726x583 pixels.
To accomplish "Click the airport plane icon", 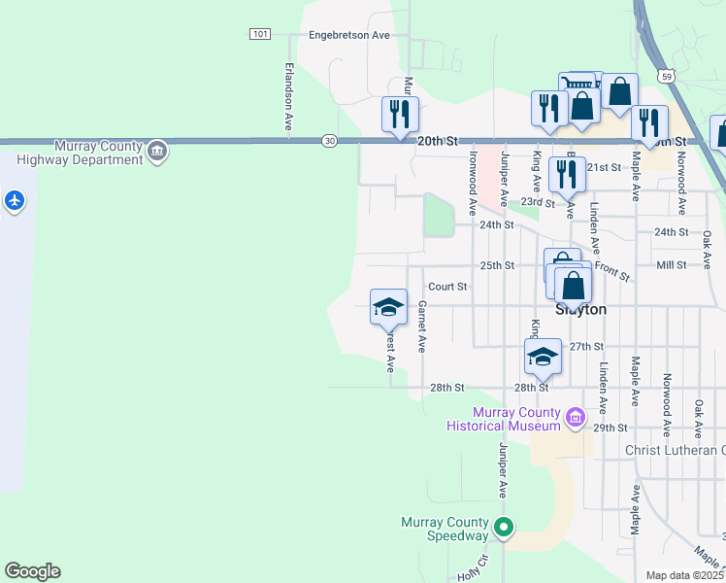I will [14, 201].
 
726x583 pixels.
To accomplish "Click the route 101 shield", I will [259, 34].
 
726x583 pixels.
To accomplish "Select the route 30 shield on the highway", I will [330, 141].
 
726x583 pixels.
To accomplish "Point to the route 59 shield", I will [665, 75].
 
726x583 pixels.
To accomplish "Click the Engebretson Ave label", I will [348, 35].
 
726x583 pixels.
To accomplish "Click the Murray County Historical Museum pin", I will [576, 418].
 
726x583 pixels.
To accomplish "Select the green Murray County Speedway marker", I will [503, 529].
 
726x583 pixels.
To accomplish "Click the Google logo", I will [32, 571].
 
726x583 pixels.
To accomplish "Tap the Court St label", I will [448, 287].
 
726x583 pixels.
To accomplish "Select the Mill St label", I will [671, 264].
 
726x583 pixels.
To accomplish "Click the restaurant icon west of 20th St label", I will [400, 115].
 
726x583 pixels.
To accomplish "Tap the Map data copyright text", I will [685, 575].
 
